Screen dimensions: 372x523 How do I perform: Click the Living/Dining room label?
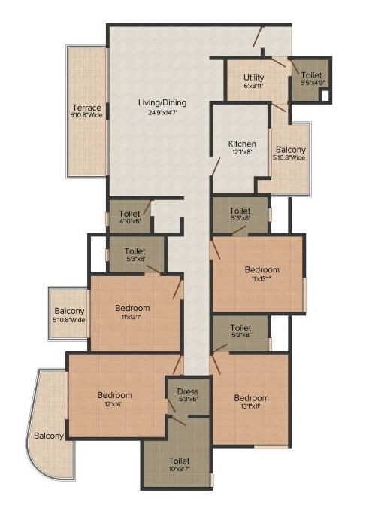[162, 103]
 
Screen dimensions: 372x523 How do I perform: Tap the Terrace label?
[87, 108]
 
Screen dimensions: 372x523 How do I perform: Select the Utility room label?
[254, 78]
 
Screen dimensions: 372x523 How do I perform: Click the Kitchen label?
[242, 144]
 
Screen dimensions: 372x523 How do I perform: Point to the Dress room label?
[188, 391]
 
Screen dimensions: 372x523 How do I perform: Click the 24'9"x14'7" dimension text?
[163, 112]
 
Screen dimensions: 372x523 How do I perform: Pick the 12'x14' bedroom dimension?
[113, 403]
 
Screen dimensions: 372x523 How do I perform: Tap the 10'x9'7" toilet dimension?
[179, 469]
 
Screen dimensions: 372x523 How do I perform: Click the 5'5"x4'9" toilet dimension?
[313, 82]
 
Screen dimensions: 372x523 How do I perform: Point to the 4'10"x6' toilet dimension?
[130, 220]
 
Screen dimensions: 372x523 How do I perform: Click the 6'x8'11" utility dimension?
[254, 85]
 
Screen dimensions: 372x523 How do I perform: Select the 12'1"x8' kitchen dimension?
[242, 151]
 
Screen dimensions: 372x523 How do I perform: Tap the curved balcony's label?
[49, 436]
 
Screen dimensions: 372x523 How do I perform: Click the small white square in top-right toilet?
[325, 96]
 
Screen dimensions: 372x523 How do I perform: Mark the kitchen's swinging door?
[216, 166]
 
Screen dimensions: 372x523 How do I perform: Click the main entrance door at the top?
[258, 37]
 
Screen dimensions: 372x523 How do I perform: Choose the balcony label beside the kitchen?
[291, 150]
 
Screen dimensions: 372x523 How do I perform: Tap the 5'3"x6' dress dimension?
[188, 399]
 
